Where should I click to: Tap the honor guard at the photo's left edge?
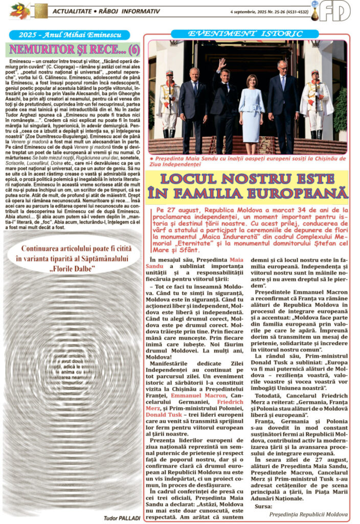click(169, 102)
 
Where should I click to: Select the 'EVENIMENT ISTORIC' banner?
click(245, 34)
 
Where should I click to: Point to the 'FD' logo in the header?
click(335, 10)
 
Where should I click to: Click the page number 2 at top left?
click(19, 9)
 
